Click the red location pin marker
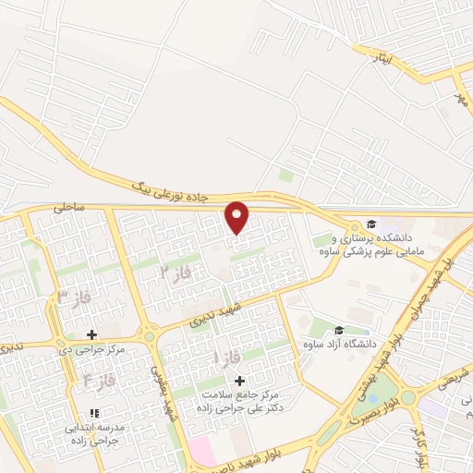click(x=237, y=217)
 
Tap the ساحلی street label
click(x=68, y=209)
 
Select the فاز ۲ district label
click(x=176, y=272)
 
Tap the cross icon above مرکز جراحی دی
click(x=91, y=334)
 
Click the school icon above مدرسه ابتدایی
click(x=92, y=413)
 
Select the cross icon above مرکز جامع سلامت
click(x=240, y=381)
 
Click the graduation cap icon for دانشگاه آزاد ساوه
click(x=339, y=330)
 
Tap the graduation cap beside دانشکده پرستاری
click(x=371, y=224)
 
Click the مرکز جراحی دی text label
click(x=91, y=351)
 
